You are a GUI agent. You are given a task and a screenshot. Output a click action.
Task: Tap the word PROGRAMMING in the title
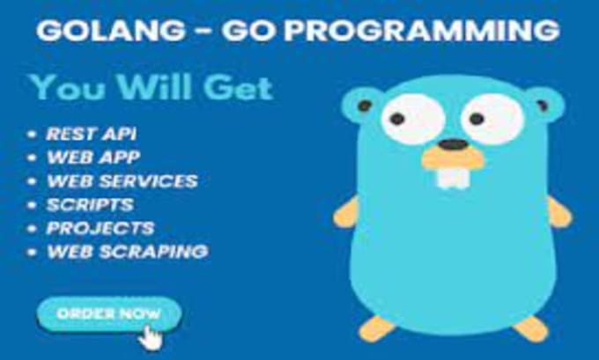click(x=421, y=30)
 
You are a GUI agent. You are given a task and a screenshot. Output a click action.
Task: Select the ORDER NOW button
click(x=109, y=314)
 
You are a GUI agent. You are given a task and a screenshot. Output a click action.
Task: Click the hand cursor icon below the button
click(x=151, y=338)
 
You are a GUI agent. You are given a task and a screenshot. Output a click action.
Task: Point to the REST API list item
click(x=91, y=134)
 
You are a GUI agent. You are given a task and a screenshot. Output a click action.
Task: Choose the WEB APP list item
click(x=93, y=158)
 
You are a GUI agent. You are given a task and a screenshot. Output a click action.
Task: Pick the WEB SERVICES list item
click(x=122, y=181)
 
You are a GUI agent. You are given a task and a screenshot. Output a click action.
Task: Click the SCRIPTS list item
click(x=90, y=204)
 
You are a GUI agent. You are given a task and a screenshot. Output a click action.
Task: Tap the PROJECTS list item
click(x=100, y=228)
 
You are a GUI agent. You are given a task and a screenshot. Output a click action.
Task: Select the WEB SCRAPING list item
click(x=127, y=252)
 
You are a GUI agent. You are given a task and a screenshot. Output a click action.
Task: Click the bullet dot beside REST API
click(x=32, y=134)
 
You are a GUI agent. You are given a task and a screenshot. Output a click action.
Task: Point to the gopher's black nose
click(x=453, y=144)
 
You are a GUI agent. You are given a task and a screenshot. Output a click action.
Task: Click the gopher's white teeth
click(x=454, y=178)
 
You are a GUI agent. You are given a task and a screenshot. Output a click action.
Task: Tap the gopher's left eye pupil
click(x=397, y=119)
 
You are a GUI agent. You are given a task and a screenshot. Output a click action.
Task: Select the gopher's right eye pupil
click(x=477, y=119)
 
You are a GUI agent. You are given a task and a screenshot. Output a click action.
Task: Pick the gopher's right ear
click(x=544, y=105)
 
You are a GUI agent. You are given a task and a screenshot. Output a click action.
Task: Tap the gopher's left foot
click(x=376, y=328)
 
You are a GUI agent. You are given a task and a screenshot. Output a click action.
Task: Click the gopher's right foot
click(x=531, y=328)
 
